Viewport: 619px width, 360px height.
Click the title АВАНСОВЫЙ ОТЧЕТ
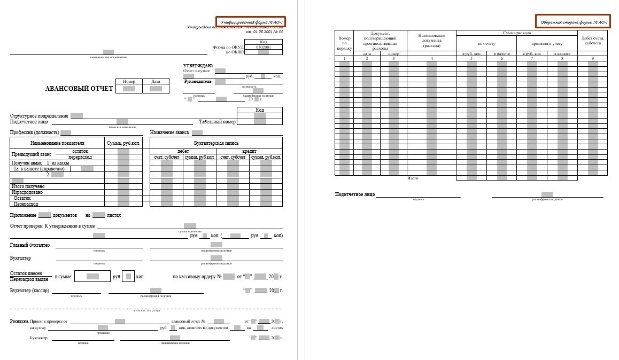[79, 89]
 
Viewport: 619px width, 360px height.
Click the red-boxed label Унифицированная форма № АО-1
[251, 22]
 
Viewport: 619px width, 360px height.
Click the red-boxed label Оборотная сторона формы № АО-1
[573, 22]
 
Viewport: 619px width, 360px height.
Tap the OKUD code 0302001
[264, 47]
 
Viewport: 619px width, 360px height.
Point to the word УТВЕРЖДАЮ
[198, 66]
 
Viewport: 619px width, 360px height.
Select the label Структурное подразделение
[39, 116]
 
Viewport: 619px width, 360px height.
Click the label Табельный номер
[217, 122]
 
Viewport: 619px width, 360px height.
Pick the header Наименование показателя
[57, 143]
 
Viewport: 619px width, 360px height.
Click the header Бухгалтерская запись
[216, 143]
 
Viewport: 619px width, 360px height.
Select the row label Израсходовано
[27, 192]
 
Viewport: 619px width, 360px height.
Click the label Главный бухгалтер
[30, 245]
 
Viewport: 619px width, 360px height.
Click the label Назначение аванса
[169, 132]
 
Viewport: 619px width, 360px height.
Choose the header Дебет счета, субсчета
[592, 41]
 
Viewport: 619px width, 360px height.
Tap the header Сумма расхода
[516, 33]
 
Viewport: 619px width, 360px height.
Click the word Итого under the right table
[413, 178]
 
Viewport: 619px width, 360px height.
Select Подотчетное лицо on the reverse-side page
[355, 195]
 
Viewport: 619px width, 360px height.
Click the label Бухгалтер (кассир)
[29, 291]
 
